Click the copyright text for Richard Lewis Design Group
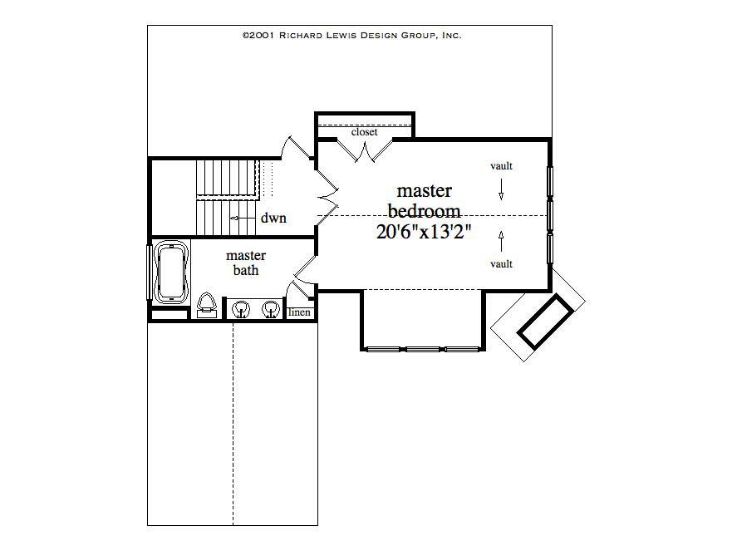coord(351,36)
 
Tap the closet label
coord(364,132)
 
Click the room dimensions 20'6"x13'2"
coord(424,233)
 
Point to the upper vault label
coord(501,166)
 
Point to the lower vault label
coord(501,263)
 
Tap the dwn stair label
coord(273,219)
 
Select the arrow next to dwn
coord(241,219)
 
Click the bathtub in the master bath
coord(171,273)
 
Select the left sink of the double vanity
coord(242,310)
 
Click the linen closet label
coord(299,312)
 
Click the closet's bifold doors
coord(364,150)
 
